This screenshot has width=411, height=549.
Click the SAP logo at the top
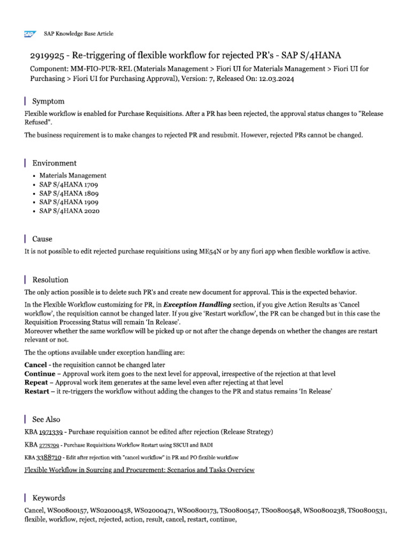pyautogui.click(x=29, y=33)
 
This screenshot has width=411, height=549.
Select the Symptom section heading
pyautogui.click(x=49, y=101)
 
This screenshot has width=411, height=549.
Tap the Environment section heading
pyautogui.click(x=55, y=163)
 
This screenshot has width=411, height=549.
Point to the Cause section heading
pyautogui.click(x=42, y=239)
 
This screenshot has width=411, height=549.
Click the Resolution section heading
pyautogui.click(x=50, y=279)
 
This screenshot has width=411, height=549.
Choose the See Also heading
pyautogui.click(x=47, y=419)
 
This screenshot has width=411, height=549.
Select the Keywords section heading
pyautogui.click(x=49, y=498)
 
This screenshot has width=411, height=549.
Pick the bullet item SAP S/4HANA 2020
pyautogui.click(x=69, y=211)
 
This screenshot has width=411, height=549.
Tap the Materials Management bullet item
pyautogui.click(x=73, y=175)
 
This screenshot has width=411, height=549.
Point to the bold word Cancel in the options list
pyautogui.click(x=36, y=365)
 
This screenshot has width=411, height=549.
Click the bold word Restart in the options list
pyautogui.click(x=37, y=391)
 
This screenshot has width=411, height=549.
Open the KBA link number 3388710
pyautogui.click(x=50, y=457)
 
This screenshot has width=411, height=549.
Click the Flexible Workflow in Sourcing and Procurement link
pyautogui.click(x=139, y=470)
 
